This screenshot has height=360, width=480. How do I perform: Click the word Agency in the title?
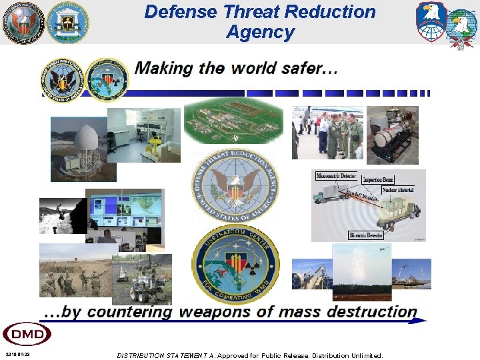pyautogui.click(x=260, y=32)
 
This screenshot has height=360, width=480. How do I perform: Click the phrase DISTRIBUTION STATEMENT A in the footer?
pyautogui.click(x=167, y=355)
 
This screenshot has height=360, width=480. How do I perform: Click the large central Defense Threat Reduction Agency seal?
pyautogui.click(x=235, y=187)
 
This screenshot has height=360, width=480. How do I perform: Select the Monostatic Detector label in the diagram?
pyautogui.click(x=337, y=176)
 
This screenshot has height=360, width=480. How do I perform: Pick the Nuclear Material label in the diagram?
pyautogui.click(x=397, y=190)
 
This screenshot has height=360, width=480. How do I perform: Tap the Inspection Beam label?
pyautogui.click(x=377, y=180)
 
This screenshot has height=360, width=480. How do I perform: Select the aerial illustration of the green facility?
pyautogui.click(x=233, y=122)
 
